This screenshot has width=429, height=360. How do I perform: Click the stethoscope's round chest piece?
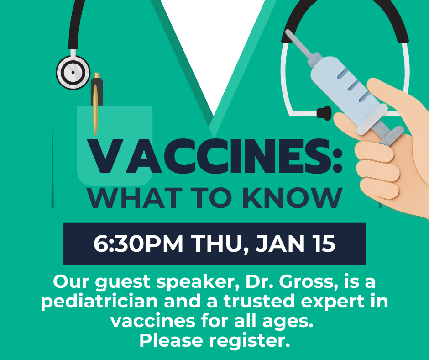pos(73,73)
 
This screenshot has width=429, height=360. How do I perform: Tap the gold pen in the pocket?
pos(96,104)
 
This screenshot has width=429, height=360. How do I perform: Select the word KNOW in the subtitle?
pos(293,198)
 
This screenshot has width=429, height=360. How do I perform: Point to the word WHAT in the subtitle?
pos(135,198)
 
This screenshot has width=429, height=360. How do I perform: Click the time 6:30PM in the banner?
pos(138,244)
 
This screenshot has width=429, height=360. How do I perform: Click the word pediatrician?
pos(99,302)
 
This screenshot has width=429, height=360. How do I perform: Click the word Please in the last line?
pos(171,340)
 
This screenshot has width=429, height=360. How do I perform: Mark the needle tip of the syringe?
pos(287,31)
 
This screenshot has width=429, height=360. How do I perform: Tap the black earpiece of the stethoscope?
pos(324,113)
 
